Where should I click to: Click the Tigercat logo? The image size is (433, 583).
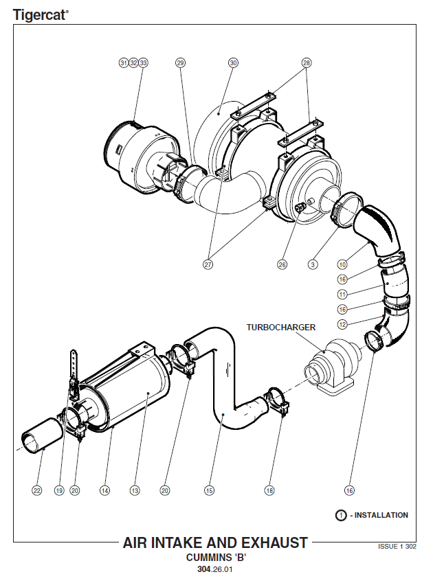(x=40, y=15)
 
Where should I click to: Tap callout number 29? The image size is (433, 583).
(x=180, y=63)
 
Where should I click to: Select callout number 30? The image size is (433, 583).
(x=233, y=63)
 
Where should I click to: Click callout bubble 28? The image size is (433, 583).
(x=307, y=63)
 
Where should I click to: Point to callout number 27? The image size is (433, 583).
(x=208, y=264)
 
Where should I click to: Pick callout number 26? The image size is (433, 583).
(x=282, y=264)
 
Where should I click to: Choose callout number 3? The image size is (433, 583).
(x=313, y=264)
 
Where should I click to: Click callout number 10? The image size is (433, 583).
(x=342, y=264)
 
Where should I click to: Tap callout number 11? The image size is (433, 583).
(x=342, y=295)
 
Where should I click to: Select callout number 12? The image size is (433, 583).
(x=342, y=324)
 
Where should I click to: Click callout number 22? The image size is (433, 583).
(x=37, y=491)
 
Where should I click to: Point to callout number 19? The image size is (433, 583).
(x=59, y=491)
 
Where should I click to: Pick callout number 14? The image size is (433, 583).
(x=105, y=491)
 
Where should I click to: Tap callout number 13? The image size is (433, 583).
(x=135, y=491)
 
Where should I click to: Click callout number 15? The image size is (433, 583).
(x=210, y=491)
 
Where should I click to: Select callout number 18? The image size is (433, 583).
(x=269, y=491)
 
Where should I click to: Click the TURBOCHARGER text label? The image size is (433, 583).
(x=281, y=327)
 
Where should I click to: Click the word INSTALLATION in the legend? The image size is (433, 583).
(x=381, y=515)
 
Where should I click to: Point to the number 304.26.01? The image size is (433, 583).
(x=215, y=569)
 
